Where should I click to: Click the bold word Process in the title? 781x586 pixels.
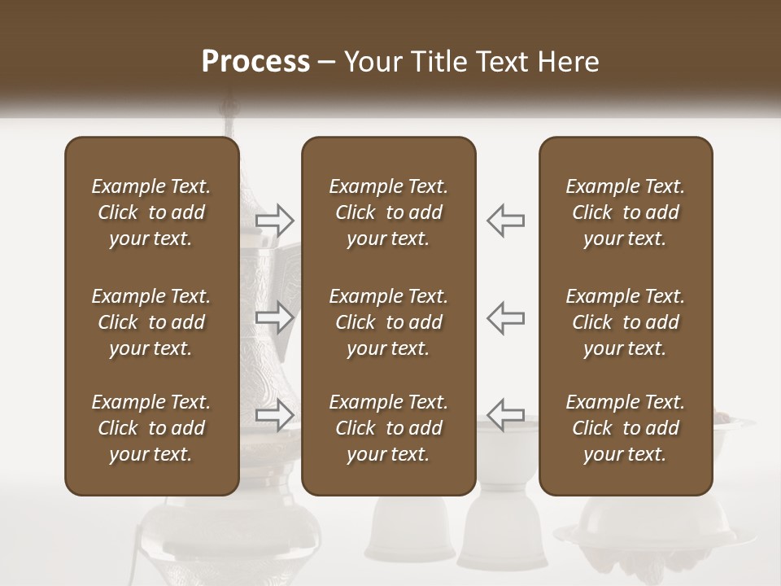pyautogui.click(x=255, y=61)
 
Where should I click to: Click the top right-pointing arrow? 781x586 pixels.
pyautogui.click(x=275, y=220)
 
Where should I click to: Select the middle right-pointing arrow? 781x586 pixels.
pyautogui.click(x=275, y=317)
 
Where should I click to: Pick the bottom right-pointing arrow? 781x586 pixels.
pyautogui.click(x=275, y=415)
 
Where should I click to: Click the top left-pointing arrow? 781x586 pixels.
pyautogui.click(x=505, y=220)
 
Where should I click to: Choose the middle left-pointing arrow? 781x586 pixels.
pyautogui.click(x=505, y=317)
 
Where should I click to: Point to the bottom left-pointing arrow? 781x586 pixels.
pyautogui.click(x=505, y=415)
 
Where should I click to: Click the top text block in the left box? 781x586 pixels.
pyautogui.click(x=151, y=212)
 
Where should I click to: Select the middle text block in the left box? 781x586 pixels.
pyautogui.click(x=151, y=322)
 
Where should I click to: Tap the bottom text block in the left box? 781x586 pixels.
pyautogui.click(x=151, y=428)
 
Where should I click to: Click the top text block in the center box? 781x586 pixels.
pyautogui.click(x=389, y=212)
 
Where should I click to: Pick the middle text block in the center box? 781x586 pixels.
pyautogui.click(x=389, y=322)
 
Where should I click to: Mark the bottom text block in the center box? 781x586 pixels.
pyautogui.click(x=389, y=428)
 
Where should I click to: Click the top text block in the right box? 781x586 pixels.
pyautogui.click(x=626, y=212)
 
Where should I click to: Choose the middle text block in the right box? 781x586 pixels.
pyautogui.click(x=626, y=322)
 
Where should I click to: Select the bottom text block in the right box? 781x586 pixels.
pyautogui.click(x=626, y=428)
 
